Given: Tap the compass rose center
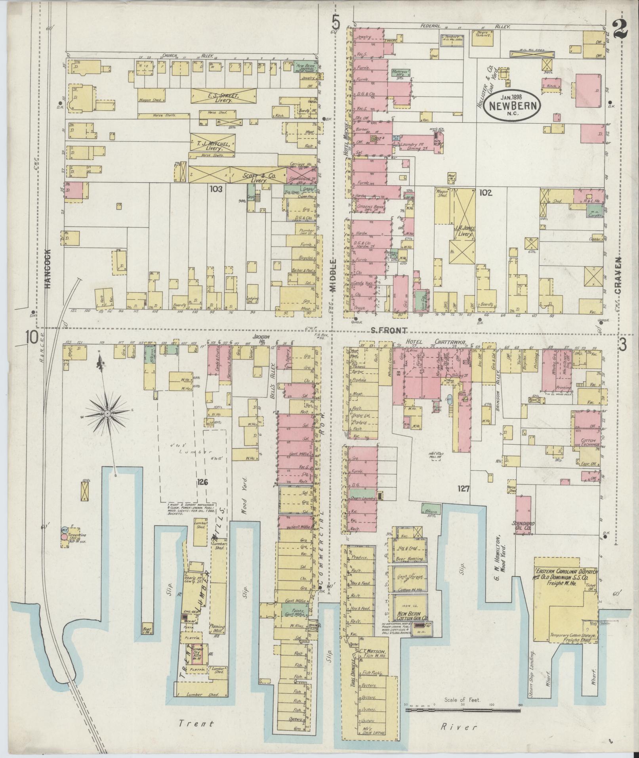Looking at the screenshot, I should click(x=107, y=414).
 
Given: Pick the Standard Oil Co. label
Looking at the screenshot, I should click(x=523, y=526).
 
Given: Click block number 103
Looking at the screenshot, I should click(x=216, y=189).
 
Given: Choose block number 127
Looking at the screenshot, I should click(x=463, y=489).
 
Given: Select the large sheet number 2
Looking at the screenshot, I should click(x=622, y=30).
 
